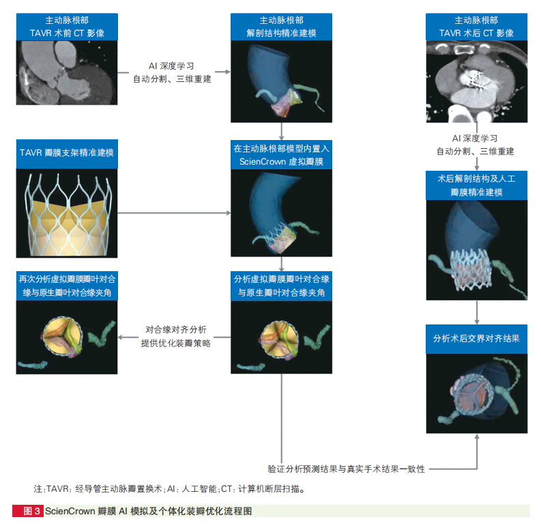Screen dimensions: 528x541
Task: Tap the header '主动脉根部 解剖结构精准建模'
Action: click(x=282, y=27)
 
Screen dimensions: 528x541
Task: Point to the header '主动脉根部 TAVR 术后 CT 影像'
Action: click(x=476, y=27)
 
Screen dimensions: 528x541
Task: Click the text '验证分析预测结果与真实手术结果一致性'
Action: click(x=346, y=469)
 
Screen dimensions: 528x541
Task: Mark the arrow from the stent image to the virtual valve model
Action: click(x=174, y=213)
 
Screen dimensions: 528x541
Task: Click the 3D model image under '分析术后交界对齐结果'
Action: click(x=476, y=393)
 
